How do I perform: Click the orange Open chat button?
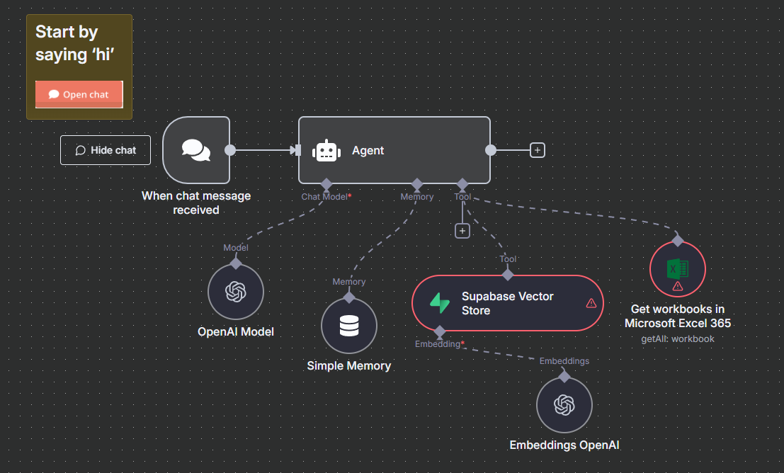79,94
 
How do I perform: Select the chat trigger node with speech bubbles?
196,150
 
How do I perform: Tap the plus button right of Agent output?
538,150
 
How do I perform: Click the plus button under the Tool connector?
462,231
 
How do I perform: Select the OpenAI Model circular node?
236,292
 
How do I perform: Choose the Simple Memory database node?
349,326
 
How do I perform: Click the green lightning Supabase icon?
440,303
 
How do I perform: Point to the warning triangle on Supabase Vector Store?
591,303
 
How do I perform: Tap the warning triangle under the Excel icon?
678,286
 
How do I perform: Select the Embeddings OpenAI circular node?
564,404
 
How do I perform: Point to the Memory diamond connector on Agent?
417,183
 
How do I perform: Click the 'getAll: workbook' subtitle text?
678,338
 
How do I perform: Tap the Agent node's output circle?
491,150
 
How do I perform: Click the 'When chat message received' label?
196,203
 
